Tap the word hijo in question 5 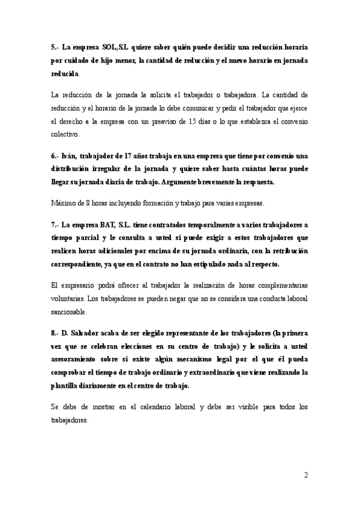(x=128, y=60)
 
